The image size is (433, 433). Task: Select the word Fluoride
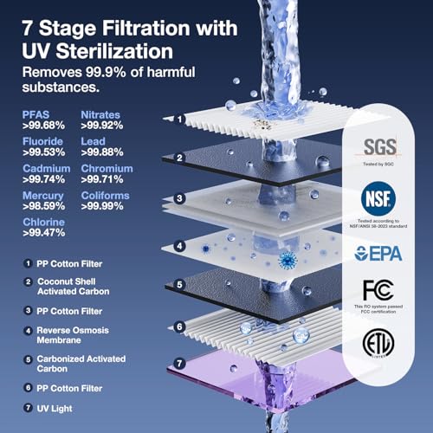tap(40, 142)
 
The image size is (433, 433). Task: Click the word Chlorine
tap(40, 223)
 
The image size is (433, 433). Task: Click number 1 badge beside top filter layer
tap(180, 119)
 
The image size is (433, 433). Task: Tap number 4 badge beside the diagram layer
tap(180, 244)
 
